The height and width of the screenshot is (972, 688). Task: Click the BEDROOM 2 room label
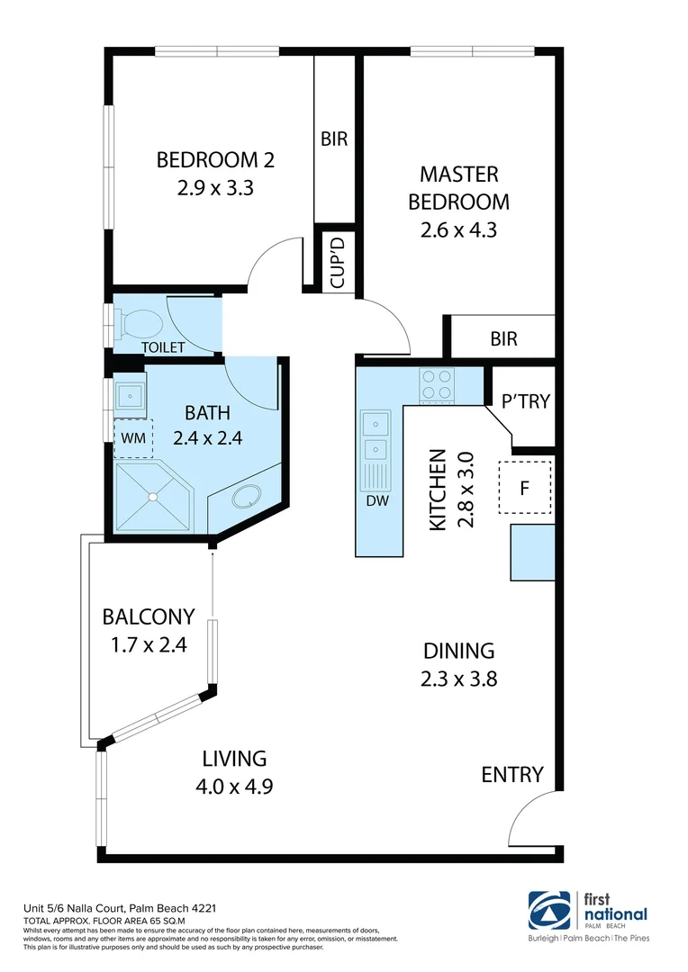click(215, 160)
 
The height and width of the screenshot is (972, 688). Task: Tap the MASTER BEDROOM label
click(458, 187)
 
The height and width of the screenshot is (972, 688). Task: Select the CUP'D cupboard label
click(338, 262)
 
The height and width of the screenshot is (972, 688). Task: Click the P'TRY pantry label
click(525, 401)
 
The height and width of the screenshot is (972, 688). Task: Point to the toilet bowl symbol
click(140, 322)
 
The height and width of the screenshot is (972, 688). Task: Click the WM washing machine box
click(132, 438)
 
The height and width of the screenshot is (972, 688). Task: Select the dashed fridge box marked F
click(525, 487)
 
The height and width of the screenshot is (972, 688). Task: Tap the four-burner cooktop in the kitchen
click(438, 385)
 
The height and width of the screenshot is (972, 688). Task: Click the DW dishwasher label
click(377, 501)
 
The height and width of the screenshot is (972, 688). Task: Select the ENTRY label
click(512, 774)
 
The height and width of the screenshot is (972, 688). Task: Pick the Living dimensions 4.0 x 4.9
click(234, 786)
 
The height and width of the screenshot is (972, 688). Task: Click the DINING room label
click(459, 651)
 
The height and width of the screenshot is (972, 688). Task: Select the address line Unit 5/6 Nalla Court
click(118, 908)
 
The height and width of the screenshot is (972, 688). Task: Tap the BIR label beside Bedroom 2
click(334, 139)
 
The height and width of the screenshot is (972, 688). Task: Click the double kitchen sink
click(374, 436)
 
